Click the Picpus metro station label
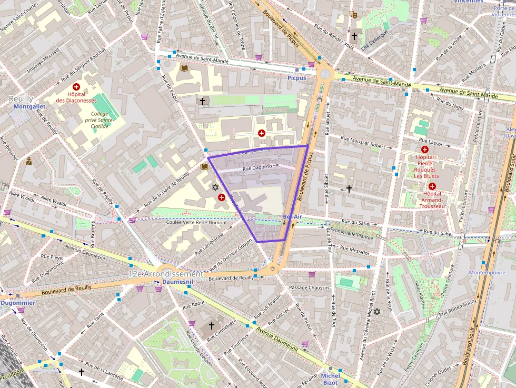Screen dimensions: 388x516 [296, 78]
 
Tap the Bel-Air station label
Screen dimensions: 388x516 [292, 216]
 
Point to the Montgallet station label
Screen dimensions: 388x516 [29, 106]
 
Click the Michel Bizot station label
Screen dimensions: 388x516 [330, 379]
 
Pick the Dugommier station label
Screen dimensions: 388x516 [17, 303]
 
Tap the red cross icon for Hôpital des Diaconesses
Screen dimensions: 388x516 [76, 86]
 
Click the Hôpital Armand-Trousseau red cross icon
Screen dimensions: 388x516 [432, 186]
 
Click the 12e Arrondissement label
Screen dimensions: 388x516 [165, 274]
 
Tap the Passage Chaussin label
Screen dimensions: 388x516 [309, 287]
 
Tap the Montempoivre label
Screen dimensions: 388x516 [487, 273]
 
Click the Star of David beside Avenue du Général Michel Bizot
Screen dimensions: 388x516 [376, 312]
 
